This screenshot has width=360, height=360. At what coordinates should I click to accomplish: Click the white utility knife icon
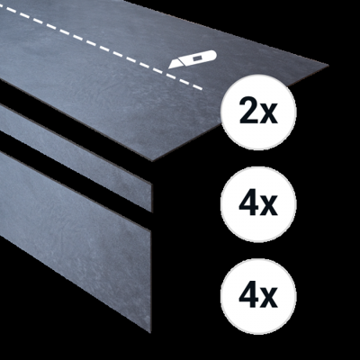coord(193,59)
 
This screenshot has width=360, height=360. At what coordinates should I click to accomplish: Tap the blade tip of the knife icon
coord(168,68)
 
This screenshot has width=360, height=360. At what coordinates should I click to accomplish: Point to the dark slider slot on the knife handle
coord(197,58)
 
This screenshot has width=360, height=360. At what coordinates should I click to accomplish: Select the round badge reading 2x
coord(258,112)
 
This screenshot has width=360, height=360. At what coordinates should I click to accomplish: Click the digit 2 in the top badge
coord(249,111)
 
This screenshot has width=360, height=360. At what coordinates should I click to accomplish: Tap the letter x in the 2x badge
coord(268,114)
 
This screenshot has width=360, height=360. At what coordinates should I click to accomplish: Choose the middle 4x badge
coord(258,203)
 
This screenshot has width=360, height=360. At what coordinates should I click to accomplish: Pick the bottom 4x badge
coord(258,295)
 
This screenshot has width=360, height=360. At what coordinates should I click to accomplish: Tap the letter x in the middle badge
coord(269,207)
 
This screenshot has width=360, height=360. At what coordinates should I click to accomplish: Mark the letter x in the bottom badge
coord(269,299)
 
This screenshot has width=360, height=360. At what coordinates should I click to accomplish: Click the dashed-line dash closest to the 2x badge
coord(196,86)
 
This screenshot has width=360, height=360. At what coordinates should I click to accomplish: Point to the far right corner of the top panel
coord(328,65)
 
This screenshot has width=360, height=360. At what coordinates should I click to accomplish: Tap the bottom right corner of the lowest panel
coord(150,332)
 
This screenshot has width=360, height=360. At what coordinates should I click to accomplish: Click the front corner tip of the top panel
coord(152,161)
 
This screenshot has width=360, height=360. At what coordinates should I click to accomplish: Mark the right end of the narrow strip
coord(151,197)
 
